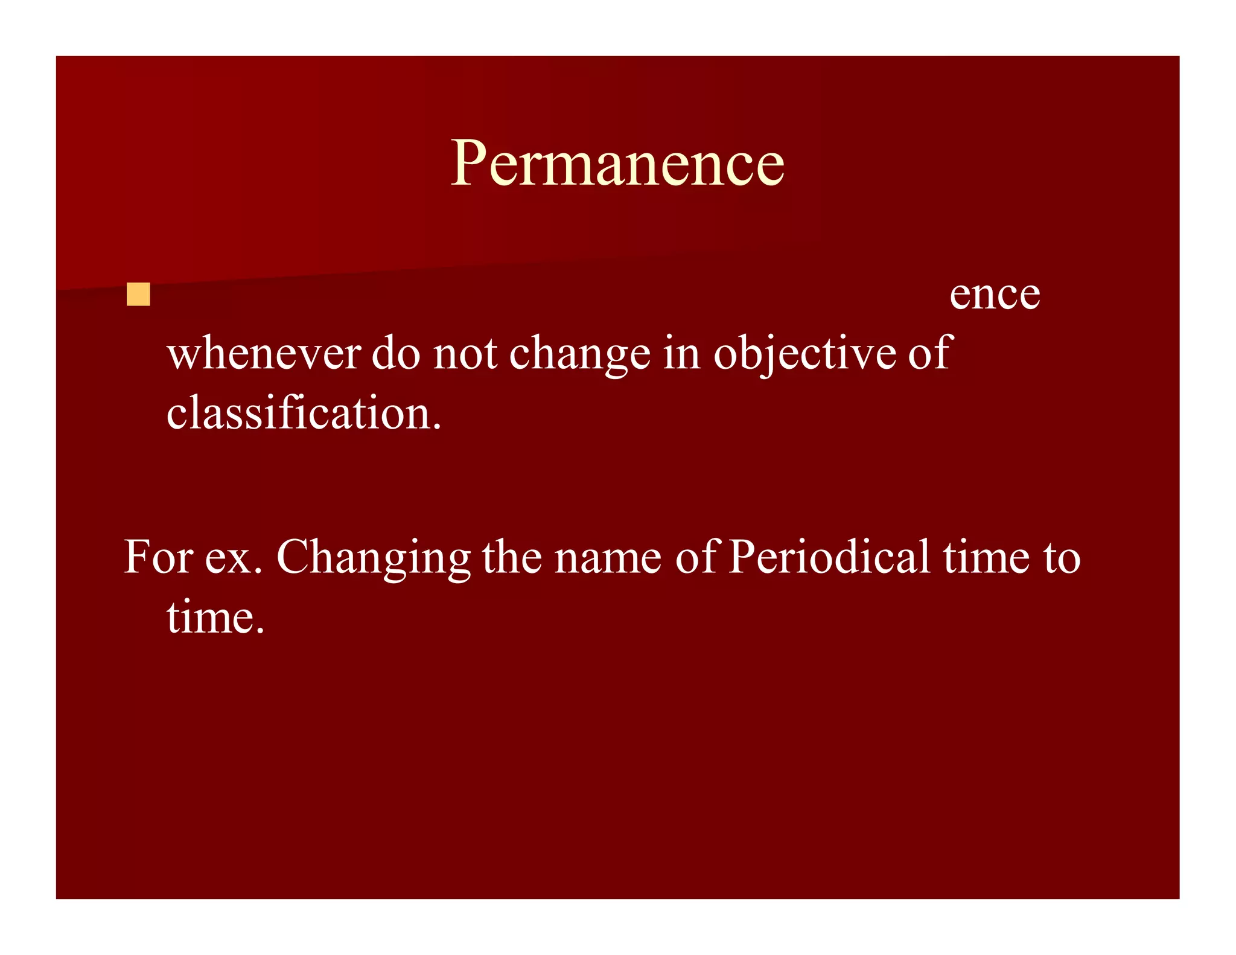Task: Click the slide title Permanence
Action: coord(617,163)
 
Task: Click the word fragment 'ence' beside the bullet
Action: coord(995,295)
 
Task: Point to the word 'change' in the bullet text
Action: coord(579,355)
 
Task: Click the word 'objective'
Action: coord(804,355)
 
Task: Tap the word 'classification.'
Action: coord(304,413)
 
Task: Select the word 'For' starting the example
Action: coord(158,557)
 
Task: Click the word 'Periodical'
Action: coord(829,557)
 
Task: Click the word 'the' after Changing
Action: coord(511,557)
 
